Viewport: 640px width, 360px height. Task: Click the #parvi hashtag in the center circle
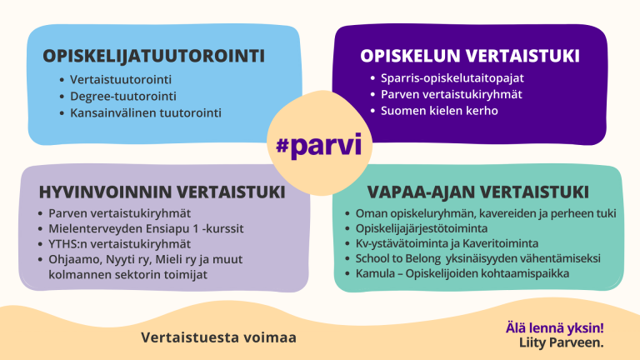click(x=319, y=145)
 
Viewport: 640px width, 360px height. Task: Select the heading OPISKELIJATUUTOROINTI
click(x=154, y=56)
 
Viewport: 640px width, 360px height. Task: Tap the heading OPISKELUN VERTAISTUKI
click(x=470, y=56)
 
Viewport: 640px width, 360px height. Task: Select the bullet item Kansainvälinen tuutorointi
click(x=146, y=112)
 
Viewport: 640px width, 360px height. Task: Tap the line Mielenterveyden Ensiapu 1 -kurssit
click(x=140, y=228)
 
